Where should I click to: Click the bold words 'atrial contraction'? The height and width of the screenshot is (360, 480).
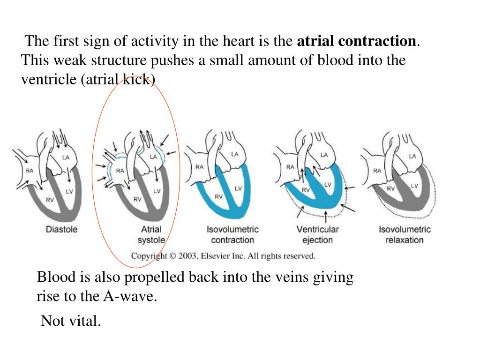coord(357,41)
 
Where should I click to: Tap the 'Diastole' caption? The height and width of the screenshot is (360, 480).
coord(61,230)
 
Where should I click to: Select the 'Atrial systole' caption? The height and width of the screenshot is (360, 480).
coord(151,234)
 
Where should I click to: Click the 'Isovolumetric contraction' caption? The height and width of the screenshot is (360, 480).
coord(232,234)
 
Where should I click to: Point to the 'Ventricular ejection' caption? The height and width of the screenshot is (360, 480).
coord(317,234)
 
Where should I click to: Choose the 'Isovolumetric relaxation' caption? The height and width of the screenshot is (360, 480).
coord(405,234)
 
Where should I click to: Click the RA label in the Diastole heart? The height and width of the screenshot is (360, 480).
coord(30,171)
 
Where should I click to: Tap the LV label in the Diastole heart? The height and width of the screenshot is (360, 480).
coord(69,191)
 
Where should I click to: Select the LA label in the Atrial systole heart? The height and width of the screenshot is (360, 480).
coord(153,157)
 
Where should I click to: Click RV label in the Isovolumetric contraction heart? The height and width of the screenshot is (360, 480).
coord(219,197)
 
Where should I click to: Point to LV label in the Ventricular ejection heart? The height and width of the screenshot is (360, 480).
coord(328,185)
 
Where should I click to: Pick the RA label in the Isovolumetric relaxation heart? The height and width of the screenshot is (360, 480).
coord(377,171)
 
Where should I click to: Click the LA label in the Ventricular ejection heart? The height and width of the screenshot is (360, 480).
coord(324,155)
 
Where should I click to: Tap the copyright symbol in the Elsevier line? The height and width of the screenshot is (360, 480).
coord(172,256)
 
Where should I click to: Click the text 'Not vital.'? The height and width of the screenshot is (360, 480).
coord(71,321)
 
